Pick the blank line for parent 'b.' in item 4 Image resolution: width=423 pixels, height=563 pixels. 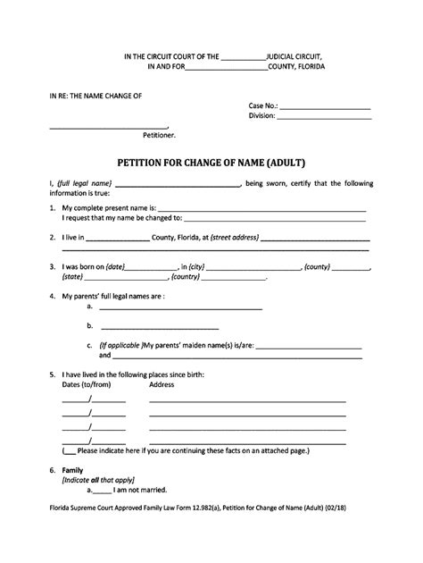159,327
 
